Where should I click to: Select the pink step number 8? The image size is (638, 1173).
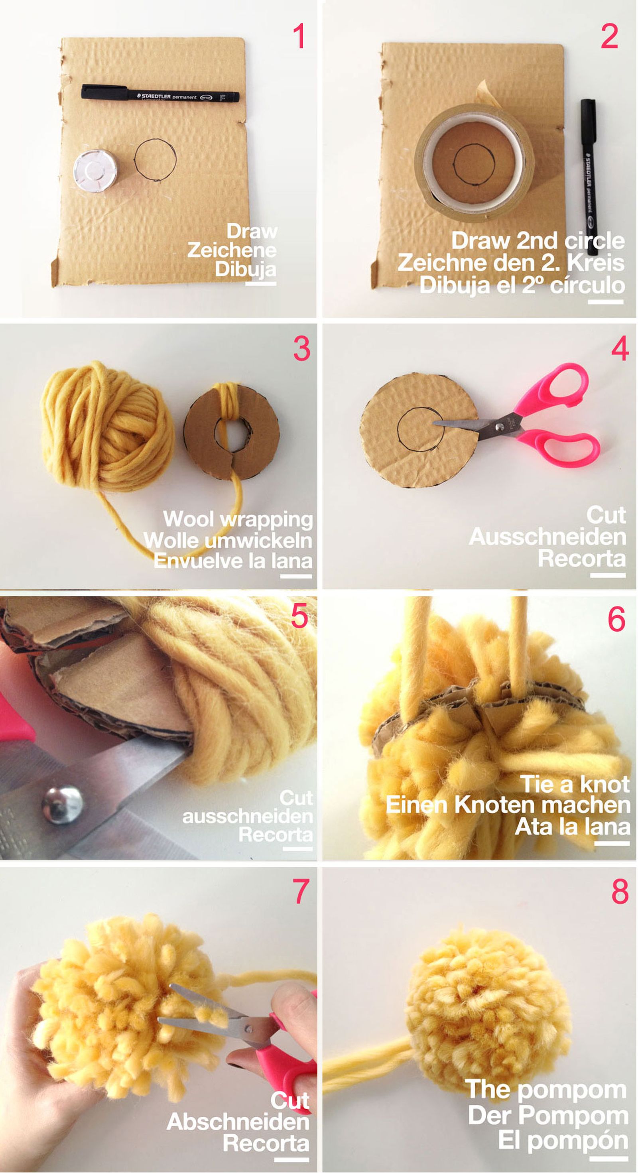[x=619, y=891]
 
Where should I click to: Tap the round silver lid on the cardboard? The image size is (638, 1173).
[x=95, y=171]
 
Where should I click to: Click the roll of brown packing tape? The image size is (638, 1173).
[x=474, y=163]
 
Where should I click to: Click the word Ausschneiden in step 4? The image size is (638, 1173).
[x=547, y=536]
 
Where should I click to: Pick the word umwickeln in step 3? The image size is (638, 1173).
[x=259, y=541]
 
